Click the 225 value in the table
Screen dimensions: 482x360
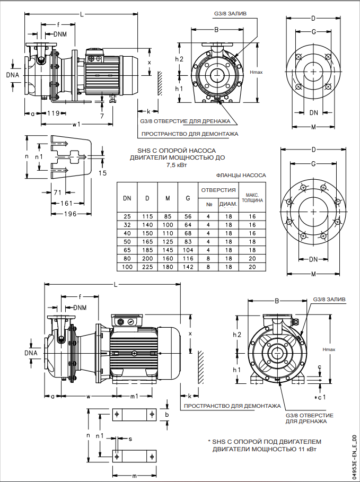click(x=147, y=267)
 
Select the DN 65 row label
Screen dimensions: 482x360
click(x=127, y=250)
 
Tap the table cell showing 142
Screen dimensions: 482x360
click(x=188, y=267)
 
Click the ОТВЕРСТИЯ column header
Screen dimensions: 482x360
click(x=217, y=189)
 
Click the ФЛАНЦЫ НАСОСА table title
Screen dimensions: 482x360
click(x=241, y=174)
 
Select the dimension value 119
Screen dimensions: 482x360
click(x=53, y=113)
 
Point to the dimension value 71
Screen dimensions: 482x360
click(x=58, y=192)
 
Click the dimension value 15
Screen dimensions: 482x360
click(x=103, y=173)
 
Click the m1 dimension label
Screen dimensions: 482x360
click(x=134, y=396)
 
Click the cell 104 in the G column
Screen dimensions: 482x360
click(x=188, y=250)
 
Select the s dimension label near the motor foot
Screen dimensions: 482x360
click(x=130, y=439)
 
